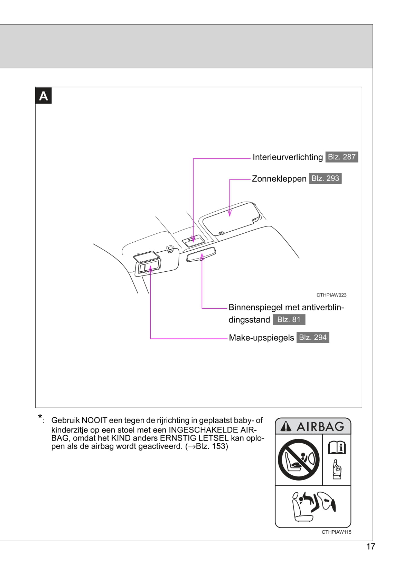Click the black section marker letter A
44,96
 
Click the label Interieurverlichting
288,157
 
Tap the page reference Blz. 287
341,157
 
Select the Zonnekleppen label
279,179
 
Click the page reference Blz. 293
325,178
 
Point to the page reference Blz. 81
289,320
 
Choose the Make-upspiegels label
261,338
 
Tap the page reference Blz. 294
312,337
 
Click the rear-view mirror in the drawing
201,255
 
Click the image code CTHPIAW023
331,295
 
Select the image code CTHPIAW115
336,532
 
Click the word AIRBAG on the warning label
320,427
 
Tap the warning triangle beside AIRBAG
286,427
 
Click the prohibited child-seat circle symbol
299,459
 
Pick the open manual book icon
337,448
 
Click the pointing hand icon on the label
337,469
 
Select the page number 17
371,546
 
